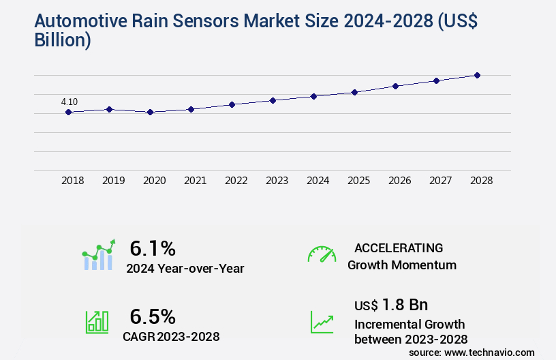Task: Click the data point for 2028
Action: click(477, 75)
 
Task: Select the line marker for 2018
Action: click(68, 112)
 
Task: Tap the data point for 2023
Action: click(273, 100)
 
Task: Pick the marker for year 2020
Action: click(150, 112)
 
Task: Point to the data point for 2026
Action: click(395, 86)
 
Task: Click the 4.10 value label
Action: click(69, 102)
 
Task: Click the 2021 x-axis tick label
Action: click(195, 181)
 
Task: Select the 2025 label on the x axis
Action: click(358, 181)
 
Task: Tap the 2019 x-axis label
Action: click(113, 181)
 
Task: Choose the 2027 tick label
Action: click(440, 181)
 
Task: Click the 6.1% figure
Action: click(153, 248)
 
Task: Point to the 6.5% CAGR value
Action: click(153, 316)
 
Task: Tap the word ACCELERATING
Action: click(399, 247)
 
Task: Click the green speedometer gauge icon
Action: click(322, 254)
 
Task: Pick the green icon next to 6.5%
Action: click(97, 322)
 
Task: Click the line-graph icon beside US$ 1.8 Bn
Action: click(322, 322)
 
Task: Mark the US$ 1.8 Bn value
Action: click(391, 305)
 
